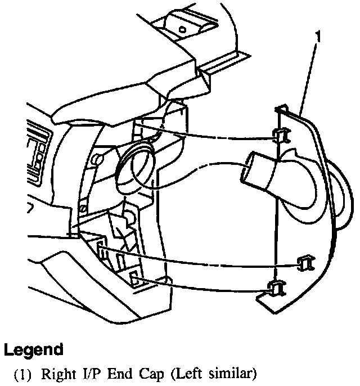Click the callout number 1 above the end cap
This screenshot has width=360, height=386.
pos(318,38)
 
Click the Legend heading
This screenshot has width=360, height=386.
pos(33,350)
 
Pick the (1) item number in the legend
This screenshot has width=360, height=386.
pos(26,372)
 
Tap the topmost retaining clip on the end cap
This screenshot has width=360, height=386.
pos(281,135)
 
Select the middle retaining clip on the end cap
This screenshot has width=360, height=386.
pos(306,261)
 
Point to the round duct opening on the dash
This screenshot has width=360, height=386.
pos(134,167)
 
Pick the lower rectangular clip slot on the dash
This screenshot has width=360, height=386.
pos(135,277)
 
